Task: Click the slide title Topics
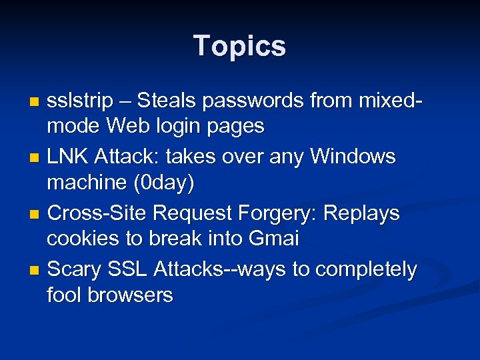239,47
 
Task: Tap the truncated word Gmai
275,238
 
